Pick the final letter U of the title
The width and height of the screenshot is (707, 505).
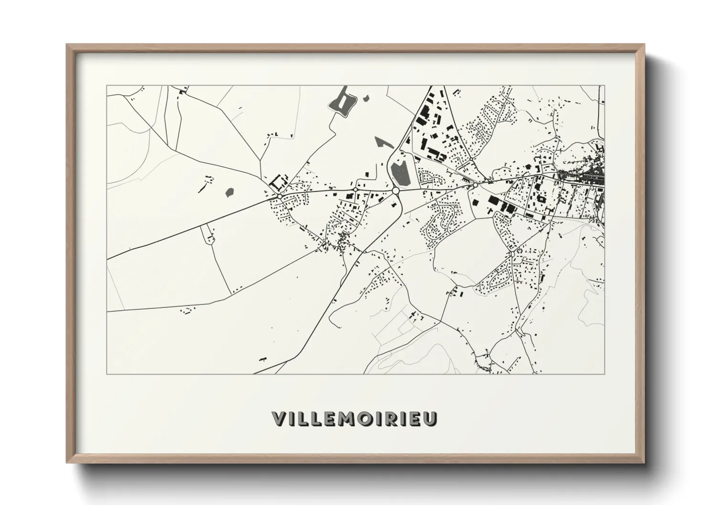point(429,419)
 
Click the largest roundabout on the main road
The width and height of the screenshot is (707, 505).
point(396,190)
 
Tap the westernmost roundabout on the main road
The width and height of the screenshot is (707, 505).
point(279,196)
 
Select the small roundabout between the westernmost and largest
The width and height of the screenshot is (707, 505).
point(355,190)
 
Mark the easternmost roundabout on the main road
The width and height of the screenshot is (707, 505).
point(475,185)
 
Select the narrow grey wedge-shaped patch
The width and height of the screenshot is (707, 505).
point(382,142)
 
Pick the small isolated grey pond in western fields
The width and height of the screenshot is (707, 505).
point(229,192)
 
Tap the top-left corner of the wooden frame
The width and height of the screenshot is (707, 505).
point(67,45)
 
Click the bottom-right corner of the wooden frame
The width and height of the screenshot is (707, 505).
point(644,463)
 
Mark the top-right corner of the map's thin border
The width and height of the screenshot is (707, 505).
point(604,86)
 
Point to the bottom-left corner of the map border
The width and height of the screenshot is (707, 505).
point(107,374)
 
